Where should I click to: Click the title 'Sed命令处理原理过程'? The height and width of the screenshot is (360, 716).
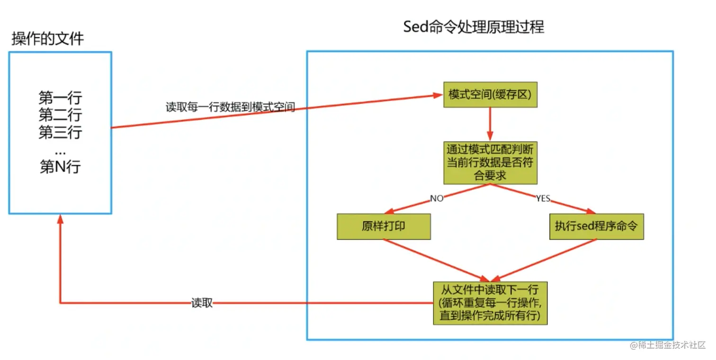(x=474, y=27)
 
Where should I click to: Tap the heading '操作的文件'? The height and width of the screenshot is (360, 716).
(x=47, y=38)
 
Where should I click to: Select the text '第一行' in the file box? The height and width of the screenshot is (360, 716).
(x=60, y=98)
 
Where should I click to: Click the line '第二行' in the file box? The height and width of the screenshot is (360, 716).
(x=60, y=115)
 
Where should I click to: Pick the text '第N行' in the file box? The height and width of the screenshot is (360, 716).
(x=60, y=167)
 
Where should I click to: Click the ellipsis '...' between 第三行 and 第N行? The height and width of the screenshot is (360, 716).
(x=60, y=151)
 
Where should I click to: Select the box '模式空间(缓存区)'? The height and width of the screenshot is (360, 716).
(x=490, y=94)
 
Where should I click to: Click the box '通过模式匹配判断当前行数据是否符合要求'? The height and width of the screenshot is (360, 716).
(x=490, y=162)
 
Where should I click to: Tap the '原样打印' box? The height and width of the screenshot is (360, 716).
(x=384, y=226)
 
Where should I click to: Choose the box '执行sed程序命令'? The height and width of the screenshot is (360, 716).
(x=596, y=226)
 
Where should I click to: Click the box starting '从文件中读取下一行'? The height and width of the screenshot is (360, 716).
(x=490, y=303)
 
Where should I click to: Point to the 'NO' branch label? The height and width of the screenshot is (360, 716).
(x=437, y=198)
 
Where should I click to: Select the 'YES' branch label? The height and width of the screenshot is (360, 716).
(x=543, y=198)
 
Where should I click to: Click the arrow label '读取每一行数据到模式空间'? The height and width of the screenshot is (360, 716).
(x=230, y=108)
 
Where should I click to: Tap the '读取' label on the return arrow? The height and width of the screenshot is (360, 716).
(x=202, y=303)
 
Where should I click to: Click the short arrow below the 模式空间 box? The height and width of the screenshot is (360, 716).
(x=490, y=124)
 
